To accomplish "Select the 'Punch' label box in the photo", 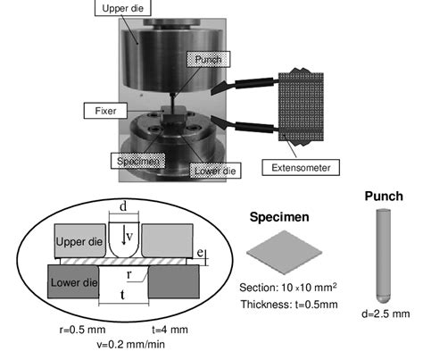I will tap(204, 59).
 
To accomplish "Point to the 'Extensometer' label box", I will tap(297, 165).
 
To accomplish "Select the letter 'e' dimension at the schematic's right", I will tap(203, 256).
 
